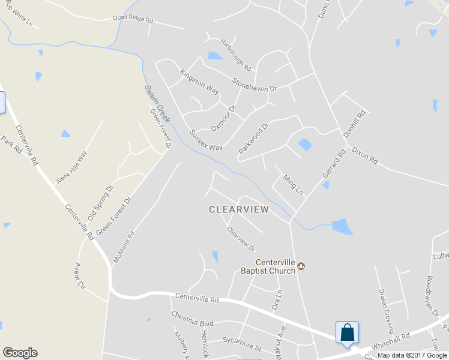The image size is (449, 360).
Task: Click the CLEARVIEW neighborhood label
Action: point(239,209)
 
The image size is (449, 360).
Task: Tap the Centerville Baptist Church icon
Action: point(302,266)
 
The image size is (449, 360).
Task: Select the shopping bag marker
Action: point(348,332)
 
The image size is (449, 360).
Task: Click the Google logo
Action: point(20,353)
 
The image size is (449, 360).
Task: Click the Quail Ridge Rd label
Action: point(133,19)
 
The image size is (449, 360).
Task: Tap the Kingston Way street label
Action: point(200,81)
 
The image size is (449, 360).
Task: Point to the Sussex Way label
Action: point(206,140)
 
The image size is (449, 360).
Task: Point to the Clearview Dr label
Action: point(241,239)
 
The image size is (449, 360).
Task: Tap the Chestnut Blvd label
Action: point(192,315)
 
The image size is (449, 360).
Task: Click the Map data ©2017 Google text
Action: point(412,355)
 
